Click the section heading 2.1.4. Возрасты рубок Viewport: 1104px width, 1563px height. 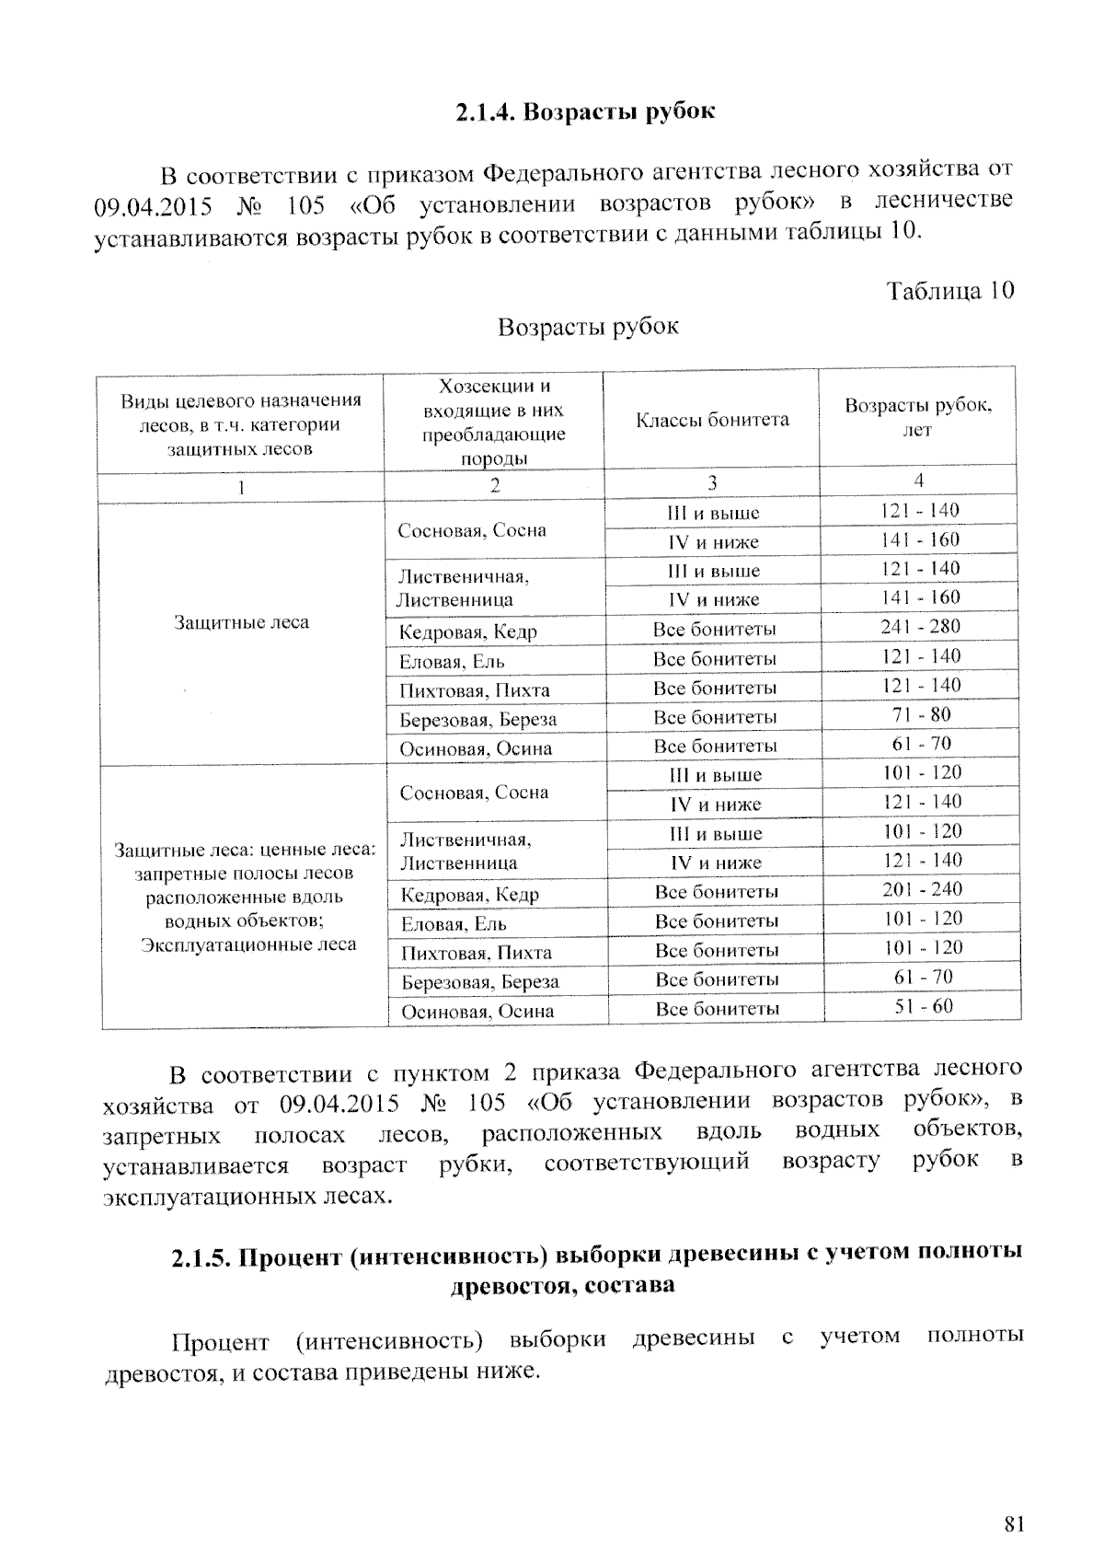click(x=584, y=112)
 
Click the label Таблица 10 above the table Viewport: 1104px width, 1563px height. click(x=949, y=291)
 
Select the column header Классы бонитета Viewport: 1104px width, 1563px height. click(x=711, y=420)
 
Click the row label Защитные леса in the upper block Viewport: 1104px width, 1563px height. click(x=241, y=622)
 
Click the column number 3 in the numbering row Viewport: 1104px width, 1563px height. click(x=711, y=482)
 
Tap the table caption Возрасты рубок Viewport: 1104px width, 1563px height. click(x=588, y=327)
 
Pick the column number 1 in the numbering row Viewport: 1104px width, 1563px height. click(x=240, y=487)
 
